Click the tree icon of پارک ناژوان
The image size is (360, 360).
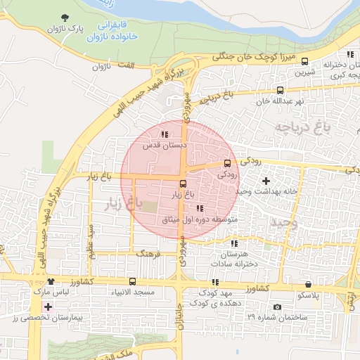pos(66,18)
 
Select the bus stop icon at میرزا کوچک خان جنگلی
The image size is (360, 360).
pos(304,61)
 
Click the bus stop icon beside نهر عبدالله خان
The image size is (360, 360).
pos(281,91)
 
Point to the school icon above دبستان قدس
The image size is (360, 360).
pos(165,134)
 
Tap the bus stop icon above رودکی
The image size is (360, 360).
pos(226,163)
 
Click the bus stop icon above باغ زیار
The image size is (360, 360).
pos(184,184)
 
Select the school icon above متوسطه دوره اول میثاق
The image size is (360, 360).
pos(200,208)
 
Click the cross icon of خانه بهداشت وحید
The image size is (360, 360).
pos(265,181)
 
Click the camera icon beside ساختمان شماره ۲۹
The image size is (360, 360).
pos(277,307)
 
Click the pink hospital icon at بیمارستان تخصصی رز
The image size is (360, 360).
pos(47,307)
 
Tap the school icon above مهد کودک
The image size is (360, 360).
pos(215,281)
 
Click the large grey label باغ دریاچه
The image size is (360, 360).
pos(302,128)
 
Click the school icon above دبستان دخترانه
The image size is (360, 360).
pos(349,55)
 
